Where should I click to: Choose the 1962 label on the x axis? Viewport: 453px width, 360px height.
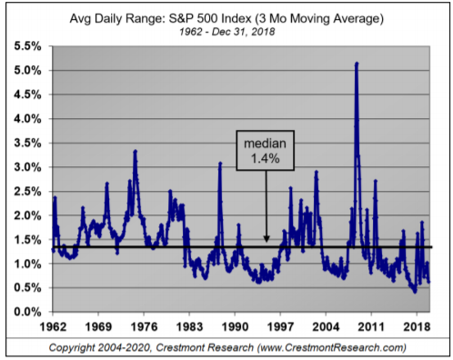[55, 325]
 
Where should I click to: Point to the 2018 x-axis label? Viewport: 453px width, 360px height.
[416, 325]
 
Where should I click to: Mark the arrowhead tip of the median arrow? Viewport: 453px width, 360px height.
[266, 242]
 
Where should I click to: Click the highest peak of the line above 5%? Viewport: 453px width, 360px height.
[357, 64]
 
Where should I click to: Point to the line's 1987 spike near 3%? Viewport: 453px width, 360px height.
[220, 164]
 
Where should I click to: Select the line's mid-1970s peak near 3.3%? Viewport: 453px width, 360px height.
[135, 151]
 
